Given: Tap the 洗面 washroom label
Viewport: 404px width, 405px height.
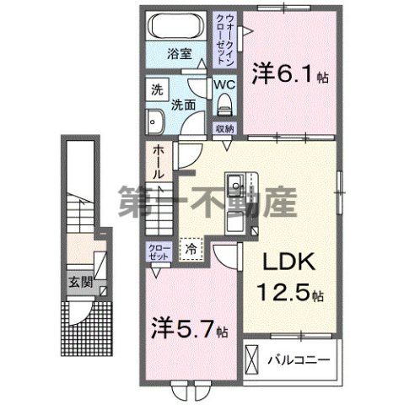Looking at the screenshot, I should pyautogui.click(x=186, y=106).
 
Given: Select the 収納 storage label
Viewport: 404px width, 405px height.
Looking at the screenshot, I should pyautogui.click(x=224, y=129).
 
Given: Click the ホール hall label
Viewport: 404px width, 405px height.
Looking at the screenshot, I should pyautogui.click(x=158, y=162).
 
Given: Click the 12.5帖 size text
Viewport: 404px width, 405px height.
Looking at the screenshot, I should pyautogui.click(x=288, y=295).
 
